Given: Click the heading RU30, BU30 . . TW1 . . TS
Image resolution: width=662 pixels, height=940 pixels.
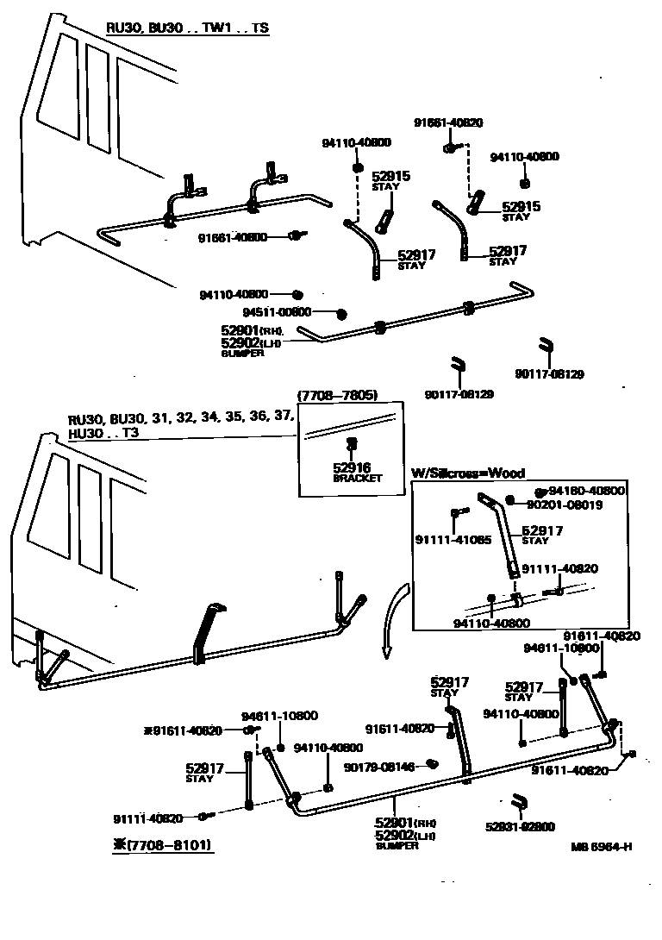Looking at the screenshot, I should click(186, 28).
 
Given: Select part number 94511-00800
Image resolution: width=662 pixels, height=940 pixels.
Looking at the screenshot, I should click(277, 312).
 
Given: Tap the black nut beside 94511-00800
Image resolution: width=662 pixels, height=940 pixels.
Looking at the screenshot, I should click(341, 312).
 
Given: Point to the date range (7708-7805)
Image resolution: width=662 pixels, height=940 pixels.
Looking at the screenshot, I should click(338, 396).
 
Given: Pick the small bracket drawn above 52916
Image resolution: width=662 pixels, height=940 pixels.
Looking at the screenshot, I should click(351, 444).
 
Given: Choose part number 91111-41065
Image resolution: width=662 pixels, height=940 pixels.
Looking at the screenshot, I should click(453, 541).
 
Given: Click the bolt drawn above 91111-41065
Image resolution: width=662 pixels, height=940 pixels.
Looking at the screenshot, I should click(456, 513).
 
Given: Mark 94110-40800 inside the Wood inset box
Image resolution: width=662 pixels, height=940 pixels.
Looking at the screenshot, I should click(491, 622).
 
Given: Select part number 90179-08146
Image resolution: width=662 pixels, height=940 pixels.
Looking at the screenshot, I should click(379, 765).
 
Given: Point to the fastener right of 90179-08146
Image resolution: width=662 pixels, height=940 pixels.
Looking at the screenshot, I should click(434, 763).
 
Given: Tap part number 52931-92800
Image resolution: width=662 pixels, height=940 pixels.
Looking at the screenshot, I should click(520, 826).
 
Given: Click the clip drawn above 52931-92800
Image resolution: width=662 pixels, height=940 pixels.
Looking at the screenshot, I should click(519, 801).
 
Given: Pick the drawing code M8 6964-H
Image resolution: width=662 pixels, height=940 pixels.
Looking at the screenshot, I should click(601, 846).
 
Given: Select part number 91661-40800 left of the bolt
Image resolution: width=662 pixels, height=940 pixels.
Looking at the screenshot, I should click(233, 237).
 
